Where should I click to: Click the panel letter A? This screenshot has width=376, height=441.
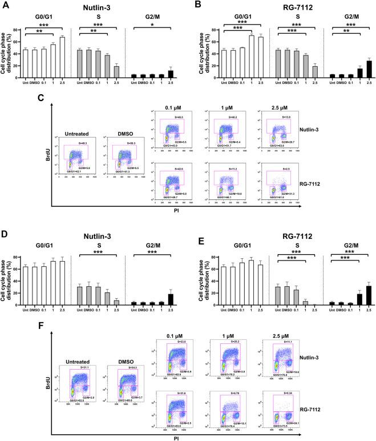click(x=4, y=5)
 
